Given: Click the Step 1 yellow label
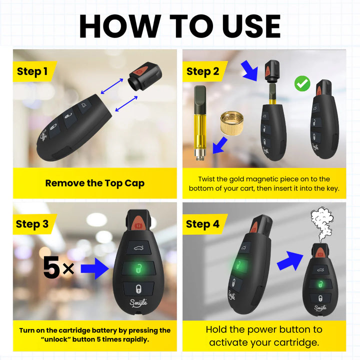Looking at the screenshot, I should [32, 71].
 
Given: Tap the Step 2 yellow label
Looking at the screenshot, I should [202, 71].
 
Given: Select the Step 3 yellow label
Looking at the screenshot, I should [32, 224].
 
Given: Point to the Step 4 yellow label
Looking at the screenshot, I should [202, 224].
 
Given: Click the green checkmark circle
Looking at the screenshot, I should [301, 83].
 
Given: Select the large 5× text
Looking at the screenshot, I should [58, 269].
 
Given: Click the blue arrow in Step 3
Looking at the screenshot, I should [95, 268].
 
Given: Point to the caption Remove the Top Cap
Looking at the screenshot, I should [94, 183].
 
